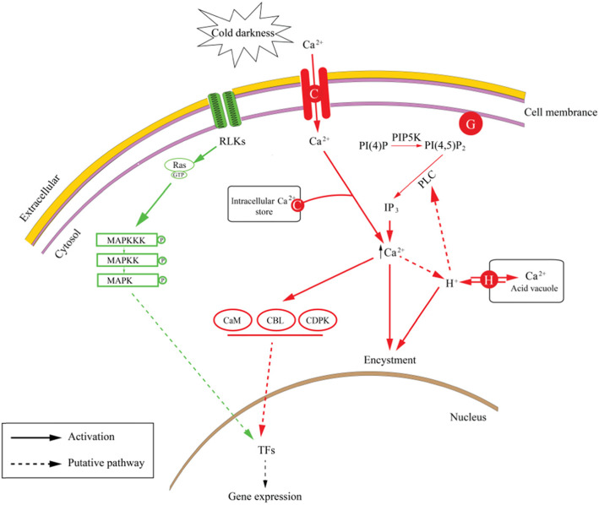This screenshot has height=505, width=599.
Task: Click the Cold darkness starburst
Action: (x=243, y=34)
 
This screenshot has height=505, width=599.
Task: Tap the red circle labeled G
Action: (x=471, y=124)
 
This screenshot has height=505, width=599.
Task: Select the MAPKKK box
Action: (x=127, y=240)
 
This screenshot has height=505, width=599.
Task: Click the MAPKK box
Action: (x=128, y=260)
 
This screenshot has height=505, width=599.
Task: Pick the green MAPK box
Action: (x=128, y=280)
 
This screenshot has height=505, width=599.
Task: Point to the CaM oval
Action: (x=232, y=320)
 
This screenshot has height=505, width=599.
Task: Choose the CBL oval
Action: (x=275, y=320)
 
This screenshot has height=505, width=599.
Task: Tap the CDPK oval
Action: (x=318, y=320)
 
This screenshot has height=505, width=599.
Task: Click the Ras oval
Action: (x=179, y=166)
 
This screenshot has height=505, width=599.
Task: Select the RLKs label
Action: (x=232, y=142)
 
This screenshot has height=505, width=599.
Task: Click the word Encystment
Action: (x=389, y=360)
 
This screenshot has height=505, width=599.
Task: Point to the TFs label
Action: (x=266, y=450)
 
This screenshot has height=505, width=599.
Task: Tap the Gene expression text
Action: (x=264, y=497)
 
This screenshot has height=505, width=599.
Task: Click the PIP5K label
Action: (x=406, y=138)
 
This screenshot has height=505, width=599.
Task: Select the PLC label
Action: (x=427, y=179)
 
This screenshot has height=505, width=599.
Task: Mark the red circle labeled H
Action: (x=488, y=280)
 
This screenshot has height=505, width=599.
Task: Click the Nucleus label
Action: (x=468, y=417)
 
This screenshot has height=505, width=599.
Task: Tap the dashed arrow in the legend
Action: (x=36, y=464)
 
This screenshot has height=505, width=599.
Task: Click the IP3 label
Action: (x=391, y=208)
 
